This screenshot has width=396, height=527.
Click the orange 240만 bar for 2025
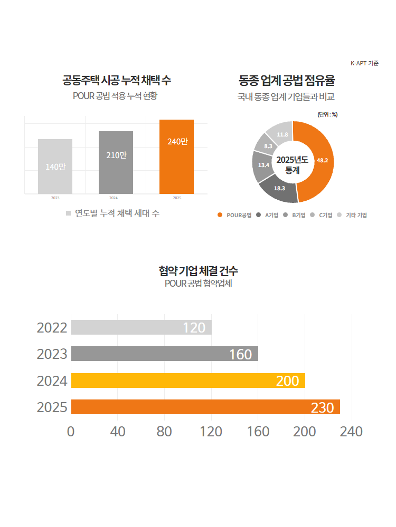click(177, 157)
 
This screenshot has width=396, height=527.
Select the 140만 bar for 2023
click(55, 166)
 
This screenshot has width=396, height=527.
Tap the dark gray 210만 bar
click(116, 162)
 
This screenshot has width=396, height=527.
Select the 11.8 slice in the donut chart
click(281, 134)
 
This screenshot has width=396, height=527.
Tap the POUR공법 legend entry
click(235, 215)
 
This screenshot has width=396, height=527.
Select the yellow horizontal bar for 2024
click(187, 380)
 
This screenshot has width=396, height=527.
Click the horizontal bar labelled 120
click(141, 327)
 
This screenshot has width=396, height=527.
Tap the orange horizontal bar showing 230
click(205, 407)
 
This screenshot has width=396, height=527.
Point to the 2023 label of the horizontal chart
click(52, 354)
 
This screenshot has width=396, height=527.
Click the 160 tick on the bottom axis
click(258, 432)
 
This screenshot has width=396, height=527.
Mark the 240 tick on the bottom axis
click(352, 432)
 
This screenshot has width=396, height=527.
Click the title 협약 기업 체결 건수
click(198, 271)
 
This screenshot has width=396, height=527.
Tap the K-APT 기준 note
click(364, 63)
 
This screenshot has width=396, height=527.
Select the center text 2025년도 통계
click(292, 165)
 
